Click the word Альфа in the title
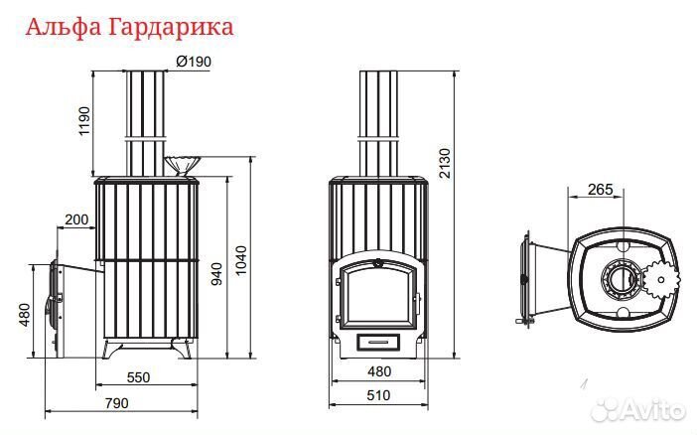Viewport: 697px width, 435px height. point(58,26)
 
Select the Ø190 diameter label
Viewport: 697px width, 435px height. point(193,62)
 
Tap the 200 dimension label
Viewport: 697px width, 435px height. point(75,218)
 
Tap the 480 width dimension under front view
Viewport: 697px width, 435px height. point(379,371)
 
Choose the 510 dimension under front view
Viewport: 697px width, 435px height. point(379,395)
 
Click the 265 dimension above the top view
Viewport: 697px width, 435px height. point(599,189)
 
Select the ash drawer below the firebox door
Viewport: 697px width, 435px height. point(378,341)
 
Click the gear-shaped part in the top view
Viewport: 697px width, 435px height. point(660,281)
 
